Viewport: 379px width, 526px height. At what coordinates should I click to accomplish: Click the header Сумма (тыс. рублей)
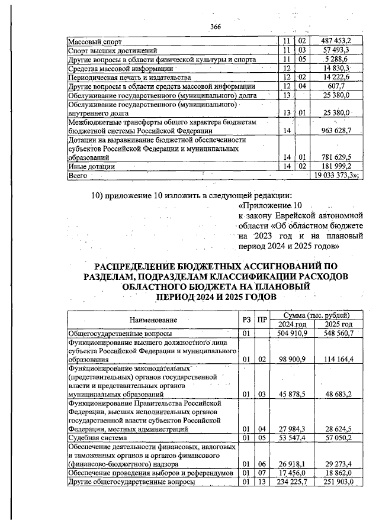coord(316,316)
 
